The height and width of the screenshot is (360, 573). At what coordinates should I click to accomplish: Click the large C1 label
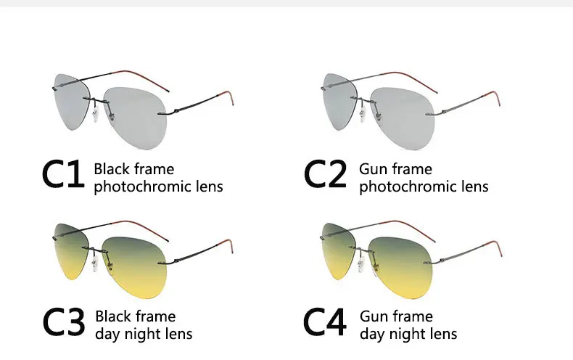(63, 176)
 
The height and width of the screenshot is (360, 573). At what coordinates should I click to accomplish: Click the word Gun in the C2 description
(374, 169)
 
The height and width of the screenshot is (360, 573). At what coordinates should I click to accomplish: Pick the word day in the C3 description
(109, 334)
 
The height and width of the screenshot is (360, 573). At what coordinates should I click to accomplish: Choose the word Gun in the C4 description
(375, 316)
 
